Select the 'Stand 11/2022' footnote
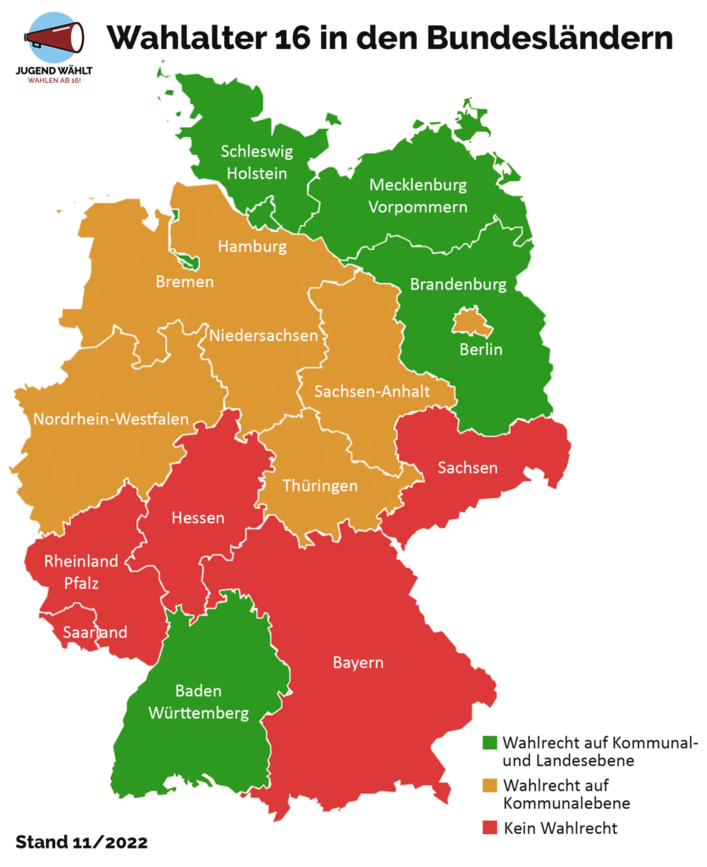81,842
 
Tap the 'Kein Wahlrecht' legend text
560,827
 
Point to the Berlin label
481,350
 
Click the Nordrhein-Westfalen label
111,418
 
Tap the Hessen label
197,517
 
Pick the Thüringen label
319,486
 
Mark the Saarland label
96,632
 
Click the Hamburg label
252,246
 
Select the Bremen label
185,281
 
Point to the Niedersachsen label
264,335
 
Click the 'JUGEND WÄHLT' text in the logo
55,70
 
